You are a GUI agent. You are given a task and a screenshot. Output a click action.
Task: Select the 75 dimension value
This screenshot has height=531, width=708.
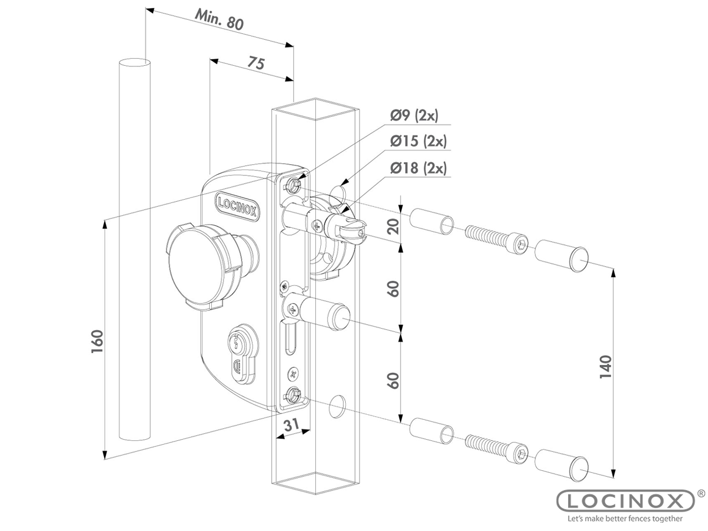(255, 63)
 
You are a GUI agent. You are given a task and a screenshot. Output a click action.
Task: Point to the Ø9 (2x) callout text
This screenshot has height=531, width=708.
(414, 116)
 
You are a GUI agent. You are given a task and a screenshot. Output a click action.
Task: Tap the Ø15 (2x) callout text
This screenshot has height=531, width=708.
(418, 141)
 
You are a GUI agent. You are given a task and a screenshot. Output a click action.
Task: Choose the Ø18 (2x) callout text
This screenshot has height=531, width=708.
(418, 168)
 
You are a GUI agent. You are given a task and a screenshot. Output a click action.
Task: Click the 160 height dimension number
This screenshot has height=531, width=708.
(97, 343)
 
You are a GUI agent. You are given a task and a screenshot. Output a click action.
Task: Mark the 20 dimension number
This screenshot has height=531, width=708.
(393, 226)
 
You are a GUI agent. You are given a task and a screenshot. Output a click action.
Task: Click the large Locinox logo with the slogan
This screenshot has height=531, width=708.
(625, 501)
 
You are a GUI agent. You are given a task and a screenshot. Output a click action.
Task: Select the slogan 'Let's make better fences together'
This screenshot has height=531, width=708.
(625, 519)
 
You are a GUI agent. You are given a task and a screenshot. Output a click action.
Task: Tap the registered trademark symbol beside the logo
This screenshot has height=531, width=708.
(701, 492)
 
